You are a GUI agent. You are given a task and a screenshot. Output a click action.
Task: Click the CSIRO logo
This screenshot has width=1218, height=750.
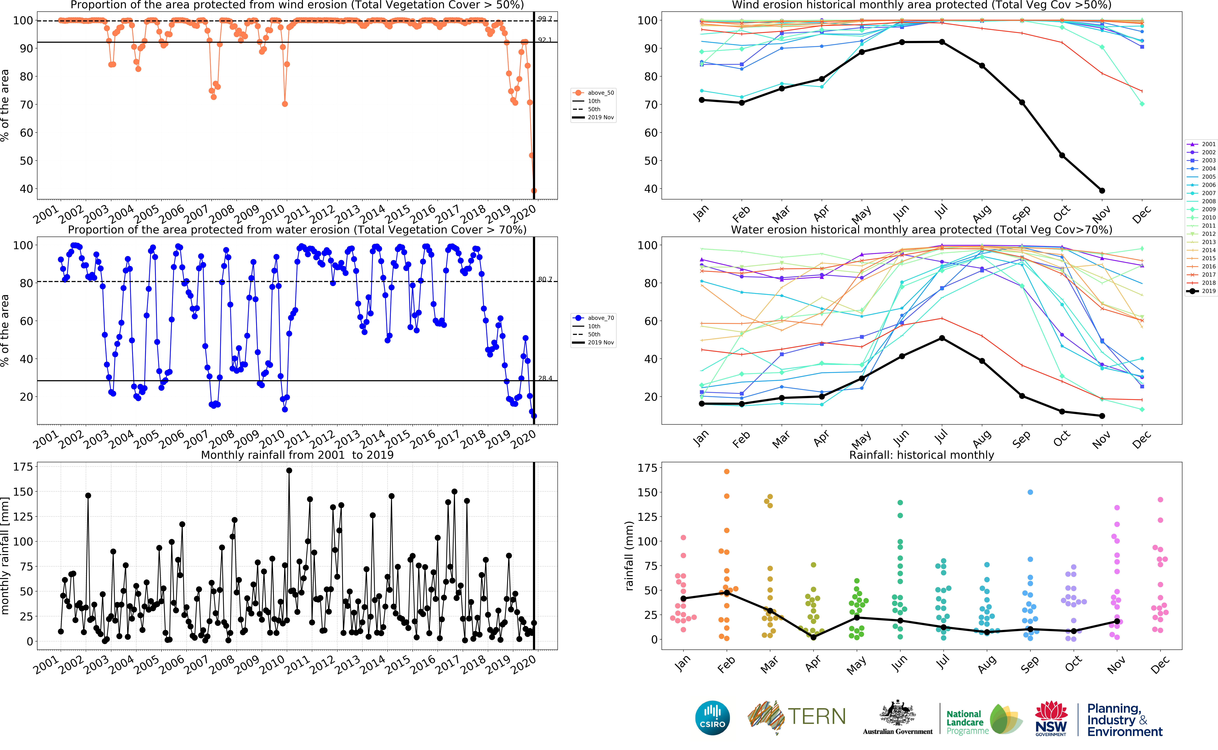[712, 718]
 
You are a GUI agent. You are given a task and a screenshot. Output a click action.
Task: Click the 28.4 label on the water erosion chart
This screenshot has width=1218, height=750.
[545, 379]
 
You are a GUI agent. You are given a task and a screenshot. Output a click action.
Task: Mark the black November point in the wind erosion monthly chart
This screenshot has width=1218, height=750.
[1102, 190]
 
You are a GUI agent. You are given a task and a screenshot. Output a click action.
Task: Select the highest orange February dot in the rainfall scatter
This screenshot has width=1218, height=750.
[727, 471]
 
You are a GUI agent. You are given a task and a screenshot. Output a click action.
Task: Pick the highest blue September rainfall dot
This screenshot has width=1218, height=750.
[1030, 492]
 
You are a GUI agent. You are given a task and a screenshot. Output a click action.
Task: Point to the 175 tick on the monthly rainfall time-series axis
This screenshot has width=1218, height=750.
[23, 467]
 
